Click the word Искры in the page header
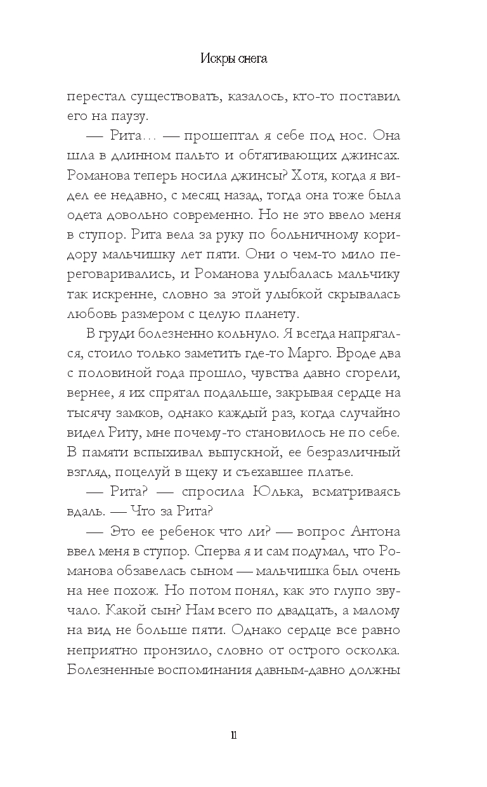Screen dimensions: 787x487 [219, 60]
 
